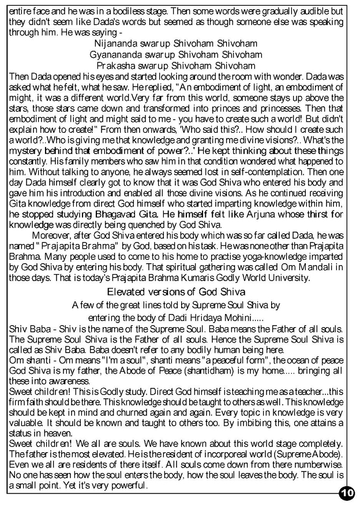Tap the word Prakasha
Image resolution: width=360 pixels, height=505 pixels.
pyautogui.click(x=117, y=66)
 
